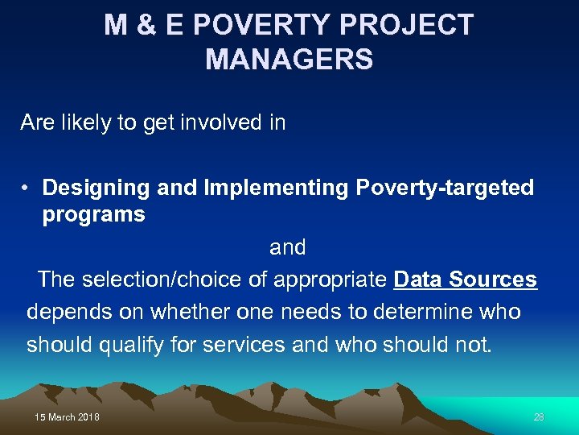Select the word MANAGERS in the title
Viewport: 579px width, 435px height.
[289, 60]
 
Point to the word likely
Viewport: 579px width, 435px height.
[88, 122]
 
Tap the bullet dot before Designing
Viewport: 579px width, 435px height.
[27, 188]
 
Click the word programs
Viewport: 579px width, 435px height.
[93, 214]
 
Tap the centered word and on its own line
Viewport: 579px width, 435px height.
[288, 246]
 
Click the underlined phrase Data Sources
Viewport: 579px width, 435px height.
[465, 280]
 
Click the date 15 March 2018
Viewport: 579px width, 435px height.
[68, 416]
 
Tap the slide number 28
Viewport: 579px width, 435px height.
[539, 416]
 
